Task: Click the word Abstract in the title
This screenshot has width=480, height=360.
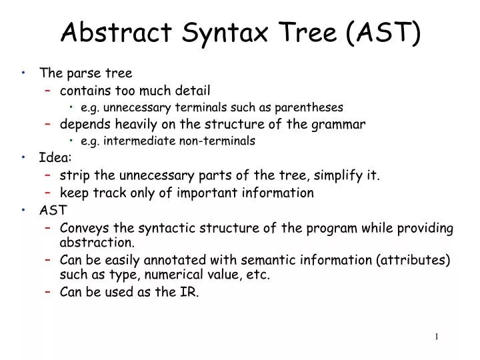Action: (110, 33)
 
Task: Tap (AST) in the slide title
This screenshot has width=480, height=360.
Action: (383, 33)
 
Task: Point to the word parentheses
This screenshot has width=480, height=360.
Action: (312, 107)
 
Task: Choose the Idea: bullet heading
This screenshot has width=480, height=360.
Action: (56, 158)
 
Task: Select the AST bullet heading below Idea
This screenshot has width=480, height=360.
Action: (53, 211)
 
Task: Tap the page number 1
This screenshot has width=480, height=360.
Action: (437, 337)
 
